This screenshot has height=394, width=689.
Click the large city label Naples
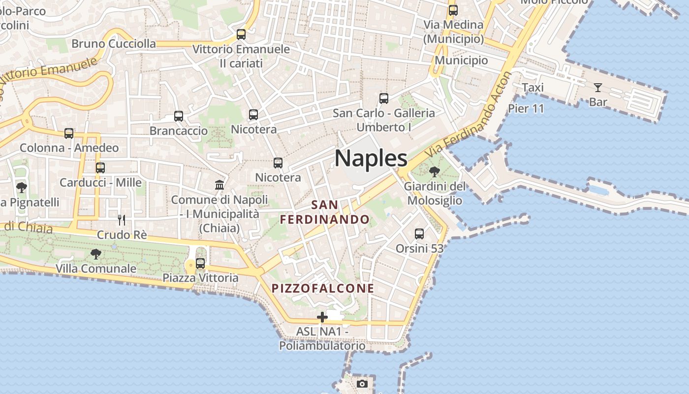(371, 158)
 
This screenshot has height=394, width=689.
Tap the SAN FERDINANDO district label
(325, 212)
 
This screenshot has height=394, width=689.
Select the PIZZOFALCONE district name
(323, 288)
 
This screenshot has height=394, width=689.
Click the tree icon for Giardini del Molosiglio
(435, 171)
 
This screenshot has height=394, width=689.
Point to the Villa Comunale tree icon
(96, 254)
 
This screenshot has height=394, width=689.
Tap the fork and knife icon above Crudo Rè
(122, 220)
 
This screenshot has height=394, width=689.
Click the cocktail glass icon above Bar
(598, 88)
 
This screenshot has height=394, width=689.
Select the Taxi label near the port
(532, 88)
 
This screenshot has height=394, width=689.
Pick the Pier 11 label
(526, 108)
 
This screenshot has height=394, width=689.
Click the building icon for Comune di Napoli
(219, 185)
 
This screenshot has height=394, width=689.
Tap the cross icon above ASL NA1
(322, 317)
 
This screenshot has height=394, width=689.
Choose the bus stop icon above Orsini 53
(419, 233)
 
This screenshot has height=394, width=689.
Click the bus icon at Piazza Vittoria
(200, 263)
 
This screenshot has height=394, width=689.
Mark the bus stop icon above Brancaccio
(179, 116)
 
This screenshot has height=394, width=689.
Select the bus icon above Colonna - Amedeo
(69, 133)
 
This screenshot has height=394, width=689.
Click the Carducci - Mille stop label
(100, 183)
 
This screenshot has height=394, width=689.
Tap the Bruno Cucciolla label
(114, 44)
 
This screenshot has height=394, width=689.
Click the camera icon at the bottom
(362, 384)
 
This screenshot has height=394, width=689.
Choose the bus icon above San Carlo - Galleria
(384, 98)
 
